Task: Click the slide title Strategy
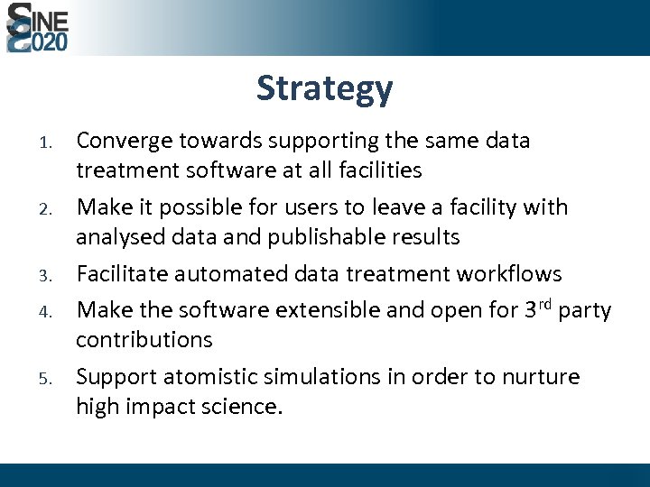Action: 324,89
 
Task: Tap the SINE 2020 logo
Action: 37,28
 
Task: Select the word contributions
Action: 144,340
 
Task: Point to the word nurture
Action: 539,377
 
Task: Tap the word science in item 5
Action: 243,407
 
